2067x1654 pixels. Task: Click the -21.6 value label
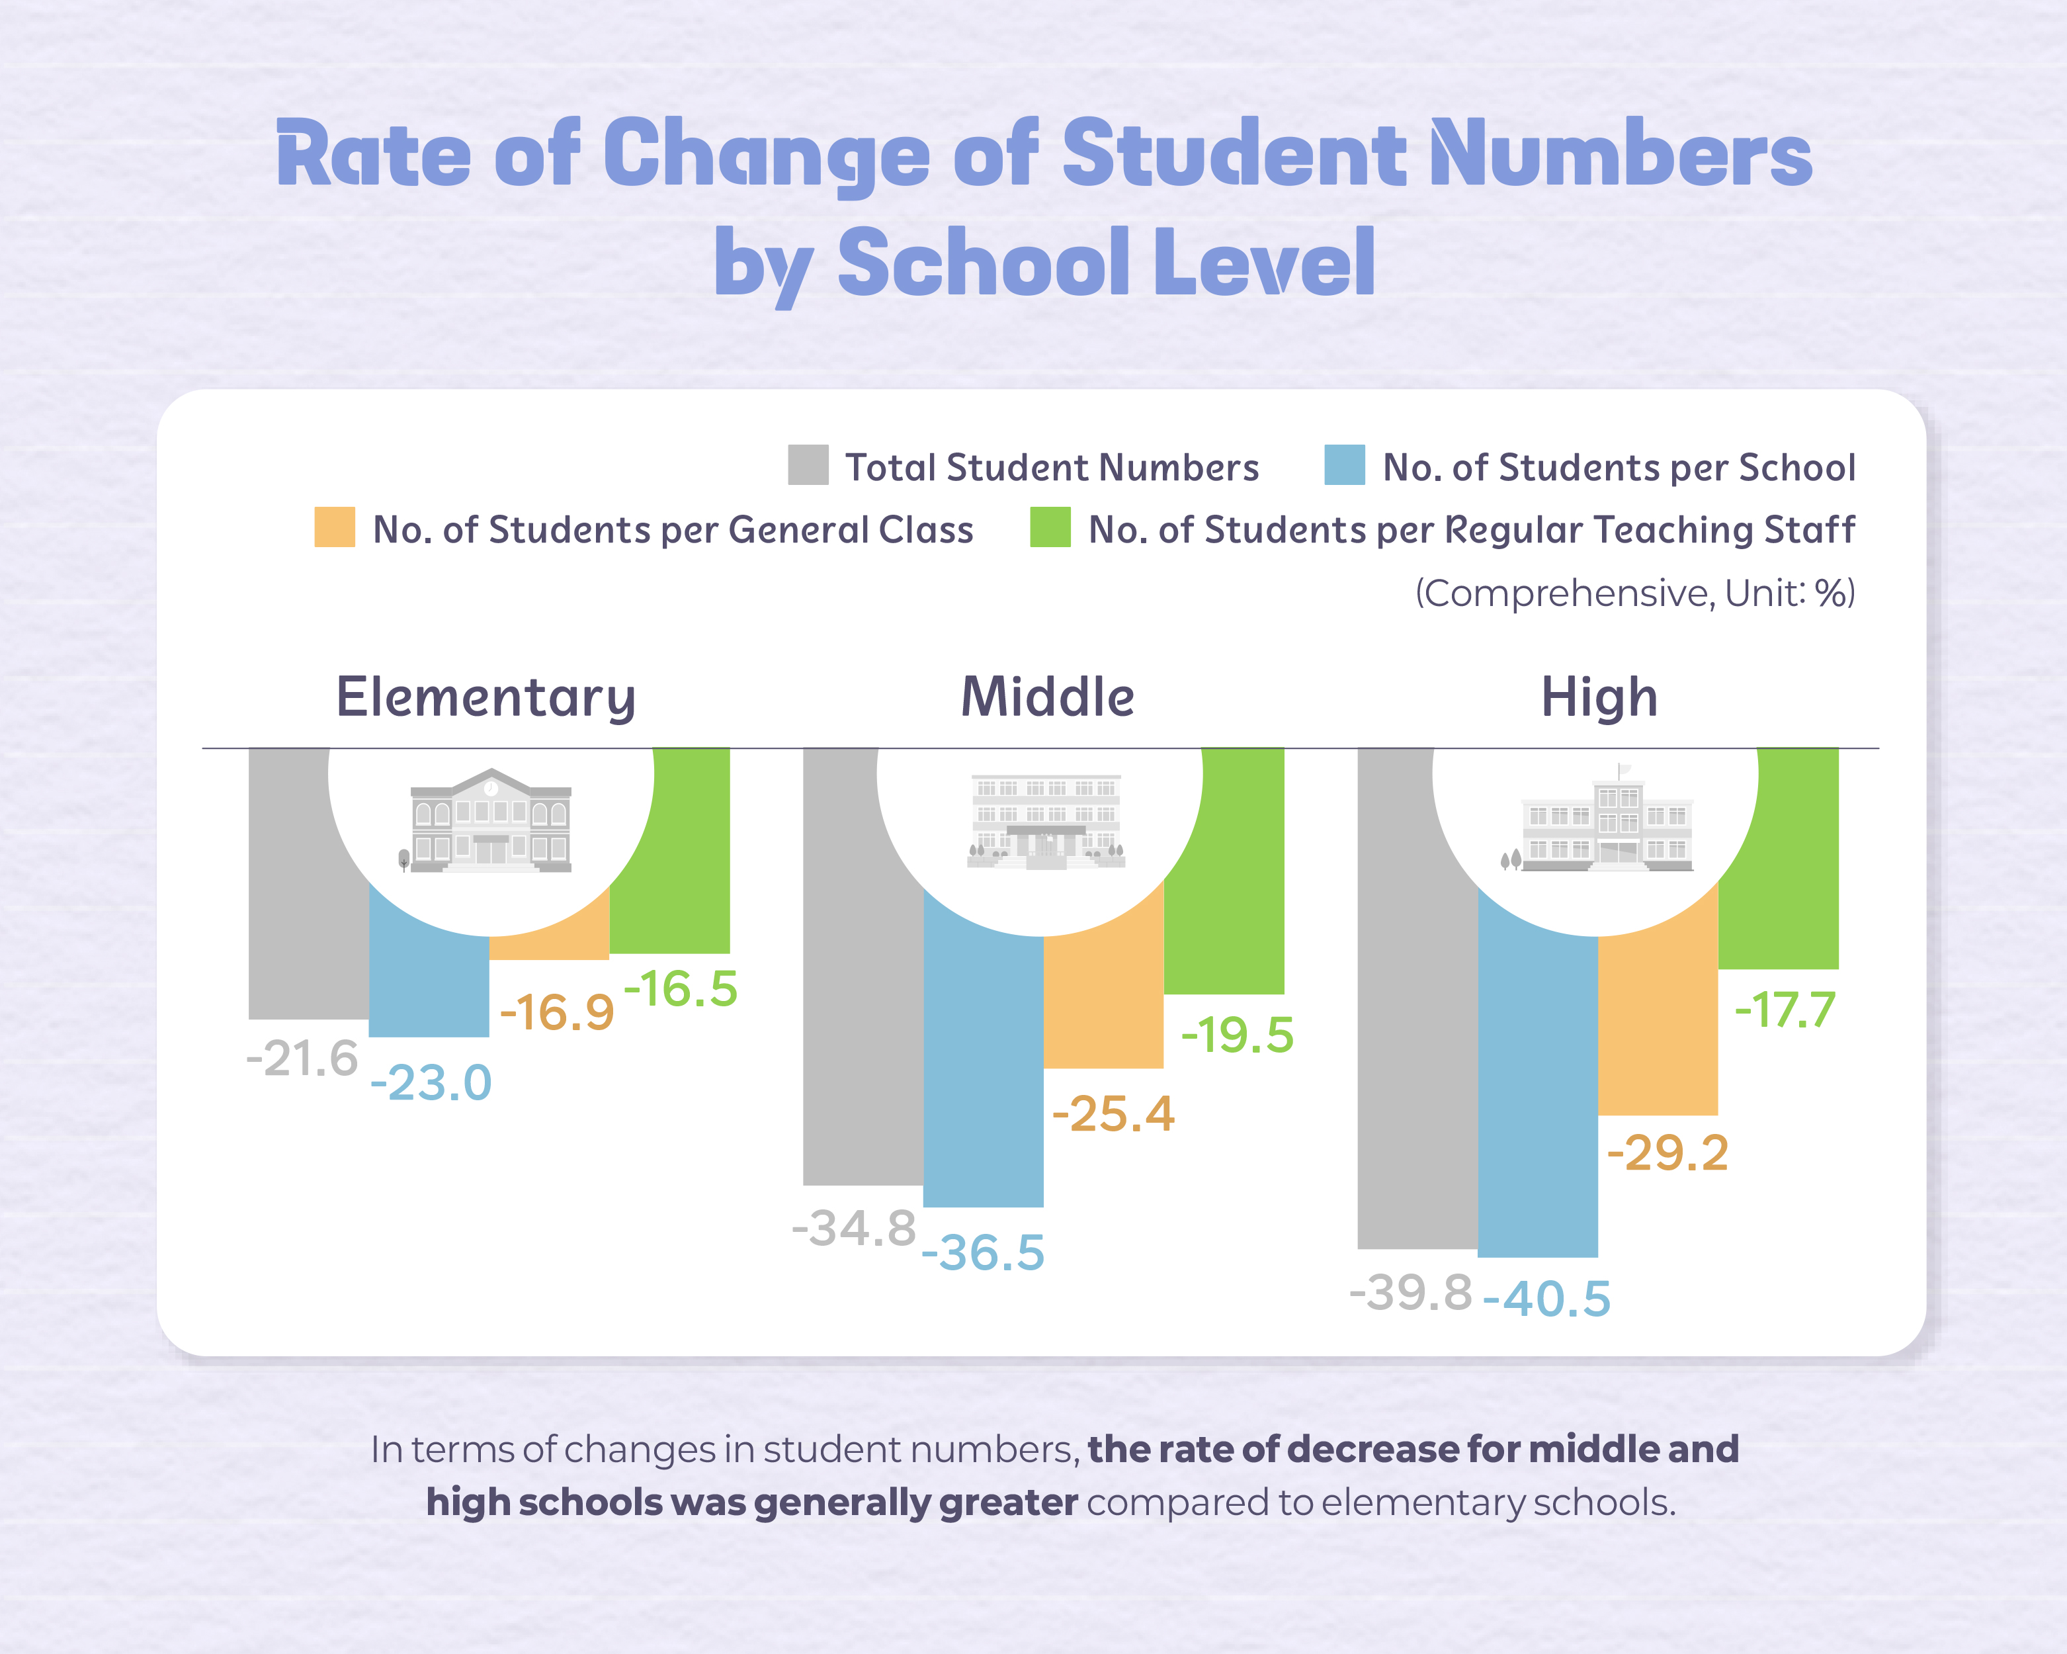click(302, 1059)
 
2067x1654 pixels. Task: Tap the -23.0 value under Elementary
click(431, 1084)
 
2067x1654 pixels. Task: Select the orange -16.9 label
click(557, 1012)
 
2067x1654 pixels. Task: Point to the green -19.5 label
click(1238, 1035)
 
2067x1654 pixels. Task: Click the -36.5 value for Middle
click(983, 1252)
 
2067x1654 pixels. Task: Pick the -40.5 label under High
click(1546, 1299)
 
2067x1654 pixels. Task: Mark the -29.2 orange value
click(1667, 1153)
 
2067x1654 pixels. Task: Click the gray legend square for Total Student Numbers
click(808, 465)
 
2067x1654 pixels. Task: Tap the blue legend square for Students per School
click(1344, 465)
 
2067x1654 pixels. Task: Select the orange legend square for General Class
click(335, 527)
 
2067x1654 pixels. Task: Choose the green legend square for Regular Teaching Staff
click(1050, 527)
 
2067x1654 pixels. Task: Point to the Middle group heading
click(1047, 697)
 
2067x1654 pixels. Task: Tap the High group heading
click(1599, 697)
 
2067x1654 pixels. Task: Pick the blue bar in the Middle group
click(983, 1074)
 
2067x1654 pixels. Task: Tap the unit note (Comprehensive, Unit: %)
click(1634, 593)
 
